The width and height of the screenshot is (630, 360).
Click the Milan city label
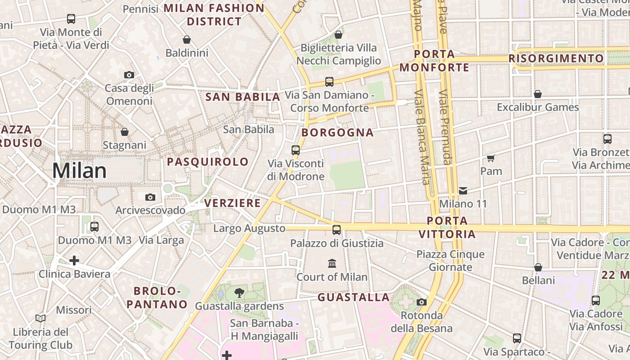point(79,171)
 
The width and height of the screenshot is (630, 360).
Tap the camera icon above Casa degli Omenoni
point(129,75)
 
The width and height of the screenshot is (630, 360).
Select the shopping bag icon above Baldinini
point(187,40)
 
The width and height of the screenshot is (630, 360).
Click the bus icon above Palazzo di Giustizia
point(337,230)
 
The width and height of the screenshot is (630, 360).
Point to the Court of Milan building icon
point(332,263)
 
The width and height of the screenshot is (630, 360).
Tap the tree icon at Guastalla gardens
point(239,293)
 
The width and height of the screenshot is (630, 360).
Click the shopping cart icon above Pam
point(491,158)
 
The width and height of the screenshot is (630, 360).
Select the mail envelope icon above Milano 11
point(463,191)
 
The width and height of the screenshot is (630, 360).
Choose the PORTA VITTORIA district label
point(447,227)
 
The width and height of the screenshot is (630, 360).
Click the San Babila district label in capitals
point(243,97)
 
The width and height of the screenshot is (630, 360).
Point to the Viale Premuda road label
point(445,127)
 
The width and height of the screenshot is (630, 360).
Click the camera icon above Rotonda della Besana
point(422,302)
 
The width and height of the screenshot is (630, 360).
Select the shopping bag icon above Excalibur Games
point(538,94)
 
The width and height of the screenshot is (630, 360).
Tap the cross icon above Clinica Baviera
point(74,261)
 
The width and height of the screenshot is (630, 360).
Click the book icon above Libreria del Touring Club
point(40,319)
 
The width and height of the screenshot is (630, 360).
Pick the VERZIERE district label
point(233,203)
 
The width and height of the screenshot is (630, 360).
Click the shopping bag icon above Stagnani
point(125,132)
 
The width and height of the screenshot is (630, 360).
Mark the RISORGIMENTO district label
point(556,58)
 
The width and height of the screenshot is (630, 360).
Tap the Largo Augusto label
point(249,229)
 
